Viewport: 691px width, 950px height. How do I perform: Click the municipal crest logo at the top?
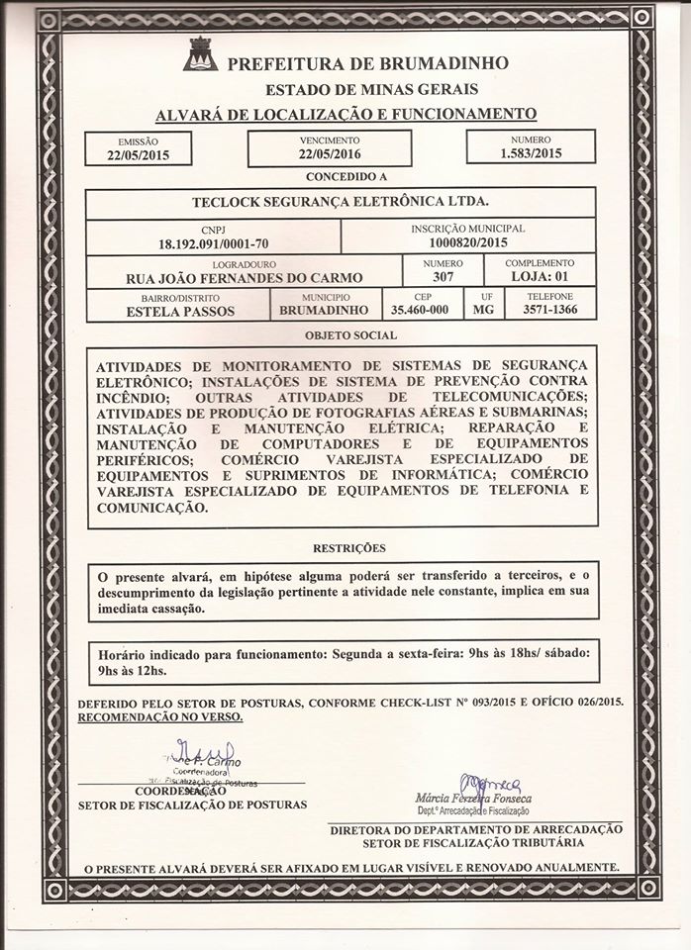(x=202, y=56)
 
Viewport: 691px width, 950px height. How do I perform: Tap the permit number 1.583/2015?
(x=530, y=154)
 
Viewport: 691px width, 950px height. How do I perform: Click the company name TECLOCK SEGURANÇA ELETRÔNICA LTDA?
(x=341, y=202)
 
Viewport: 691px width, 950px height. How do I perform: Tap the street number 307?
(x=443, y=277)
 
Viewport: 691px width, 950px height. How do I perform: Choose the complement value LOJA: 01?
(x=539, y=277)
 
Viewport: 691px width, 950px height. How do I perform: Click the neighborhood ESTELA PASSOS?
(x=181, y=310)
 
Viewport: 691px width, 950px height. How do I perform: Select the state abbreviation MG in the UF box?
(x=483, y=310)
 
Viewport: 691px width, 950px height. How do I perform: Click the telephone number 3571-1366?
(x=549, y=310)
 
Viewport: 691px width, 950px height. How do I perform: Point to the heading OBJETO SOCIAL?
(x=343, y=335)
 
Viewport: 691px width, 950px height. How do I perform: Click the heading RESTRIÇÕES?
(x=343, y=547)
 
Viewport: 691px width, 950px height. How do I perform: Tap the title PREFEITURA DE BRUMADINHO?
(x=368, y=63)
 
